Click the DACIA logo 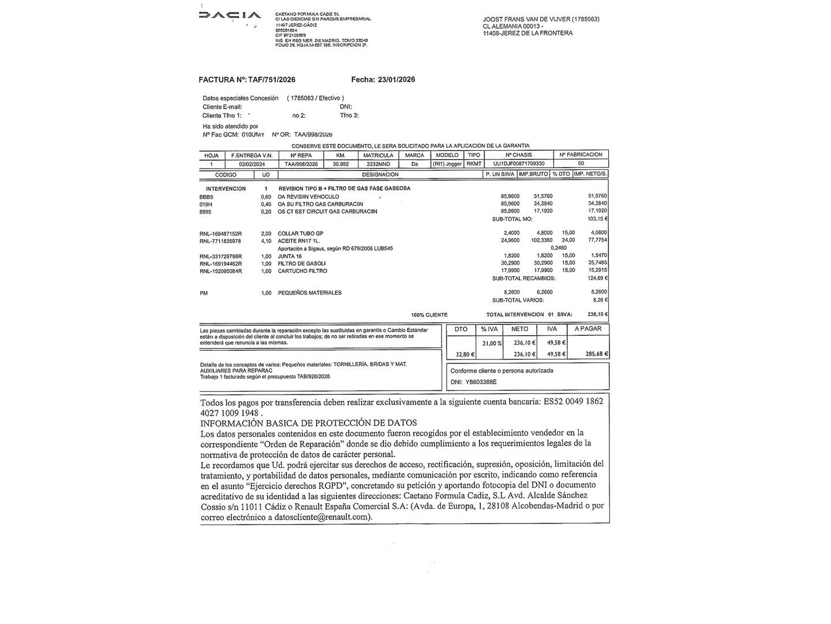coord(230,16)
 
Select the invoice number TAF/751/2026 coord(271,80)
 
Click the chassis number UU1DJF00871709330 coord(519,164)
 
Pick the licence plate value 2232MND coord(378,164)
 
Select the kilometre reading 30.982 coord(340,164)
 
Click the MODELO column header coord(447,155)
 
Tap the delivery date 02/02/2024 coord(251,164)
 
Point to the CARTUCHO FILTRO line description coord(302,271)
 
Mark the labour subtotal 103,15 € coord(597,219)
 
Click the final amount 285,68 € coord(597,354)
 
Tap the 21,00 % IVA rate coord(492,343)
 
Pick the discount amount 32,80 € coord(465,354)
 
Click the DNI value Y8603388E coord(480,382)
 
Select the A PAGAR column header coord(587,329)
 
